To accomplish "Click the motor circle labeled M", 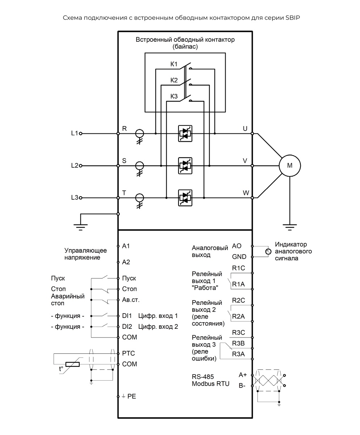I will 289,166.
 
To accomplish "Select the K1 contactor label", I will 174,65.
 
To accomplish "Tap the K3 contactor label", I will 174,96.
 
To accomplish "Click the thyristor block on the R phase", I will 185,133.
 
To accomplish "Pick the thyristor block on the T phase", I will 185,198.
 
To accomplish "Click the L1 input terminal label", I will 74,133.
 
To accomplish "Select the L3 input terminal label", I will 74,198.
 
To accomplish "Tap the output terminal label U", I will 245,128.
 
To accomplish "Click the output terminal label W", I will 246,193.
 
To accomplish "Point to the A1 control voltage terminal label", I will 126,246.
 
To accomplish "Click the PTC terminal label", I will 129,353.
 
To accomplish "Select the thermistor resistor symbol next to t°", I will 72,364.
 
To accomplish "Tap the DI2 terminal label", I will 127,326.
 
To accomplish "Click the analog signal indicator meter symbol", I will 268,251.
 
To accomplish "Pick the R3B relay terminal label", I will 239,343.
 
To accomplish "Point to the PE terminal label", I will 131,397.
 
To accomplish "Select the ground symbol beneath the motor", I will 289,227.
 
